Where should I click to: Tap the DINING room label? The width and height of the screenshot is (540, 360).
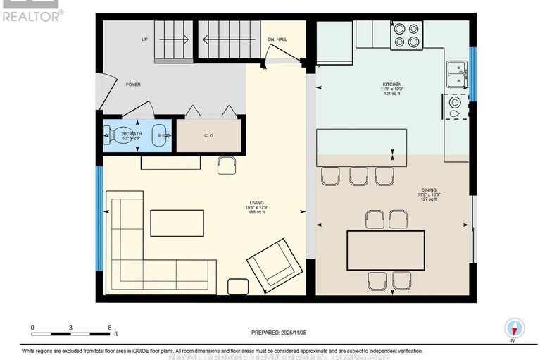click(429, 190)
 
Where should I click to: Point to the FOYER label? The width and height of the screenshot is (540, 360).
click(133, 85)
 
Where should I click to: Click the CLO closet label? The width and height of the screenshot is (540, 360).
click(208, 135)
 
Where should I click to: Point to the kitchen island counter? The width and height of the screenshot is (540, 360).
click(362, 147)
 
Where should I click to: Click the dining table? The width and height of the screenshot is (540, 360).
click(386, 250)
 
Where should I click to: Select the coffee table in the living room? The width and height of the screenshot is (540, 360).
click(177, 223)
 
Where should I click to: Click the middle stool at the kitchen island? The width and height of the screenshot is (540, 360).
click(359, 176)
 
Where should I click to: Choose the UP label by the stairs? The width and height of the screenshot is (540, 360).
click(144, 39)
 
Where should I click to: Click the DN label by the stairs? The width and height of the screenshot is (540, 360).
click(271, 39)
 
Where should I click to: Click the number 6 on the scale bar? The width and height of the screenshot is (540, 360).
click(109, 328)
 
